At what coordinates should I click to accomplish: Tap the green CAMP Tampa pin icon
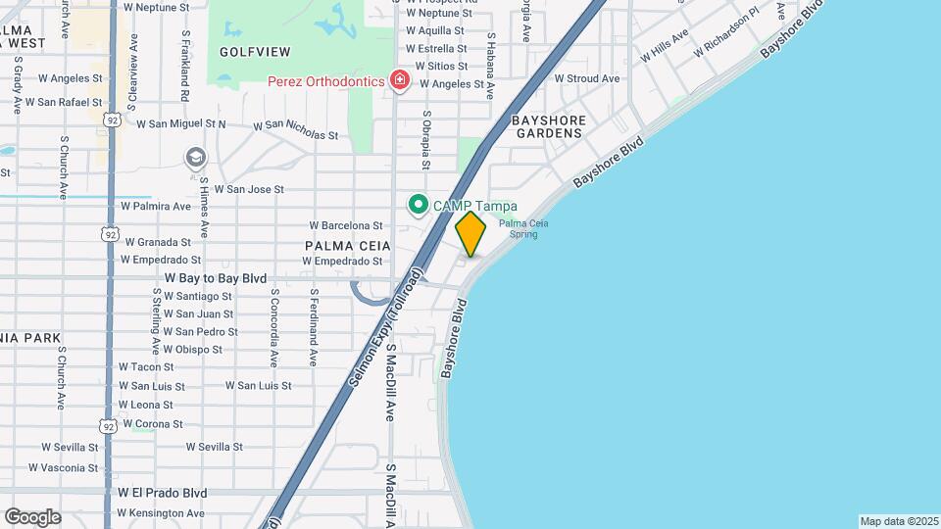419,205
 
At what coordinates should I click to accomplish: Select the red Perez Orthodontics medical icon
399,80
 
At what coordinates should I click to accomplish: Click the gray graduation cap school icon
195,157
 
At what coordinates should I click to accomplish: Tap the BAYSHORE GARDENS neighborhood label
549,126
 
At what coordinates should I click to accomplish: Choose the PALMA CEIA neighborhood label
348,245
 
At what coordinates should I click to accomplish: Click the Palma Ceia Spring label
523,228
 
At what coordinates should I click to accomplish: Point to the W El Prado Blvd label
162,493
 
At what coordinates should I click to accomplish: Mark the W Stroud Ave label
587,78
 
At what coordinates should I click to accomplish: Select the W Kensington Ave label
161,512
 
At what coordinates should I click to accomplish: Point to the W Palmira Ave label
155,207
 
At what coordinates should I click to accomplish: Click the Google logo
32,516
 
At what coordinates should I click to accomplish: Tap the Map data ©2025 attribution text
898,521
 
